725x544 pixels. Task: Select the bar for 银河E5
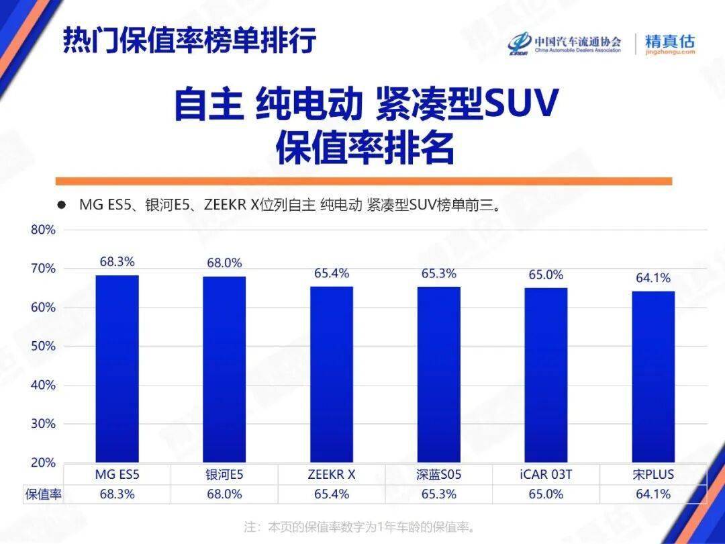(224, 369)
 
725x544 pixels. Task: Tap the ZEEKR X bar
(332, 374)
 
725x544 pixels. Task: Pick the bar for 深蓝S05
(439, 374)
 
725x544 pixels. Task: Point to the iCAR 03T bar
(546, 375)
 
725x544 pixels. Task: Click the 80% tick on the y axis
(43, 230)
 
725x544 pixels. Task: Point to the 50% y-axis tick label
(43, 347)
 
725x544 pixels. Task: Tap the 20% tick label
(43, 463)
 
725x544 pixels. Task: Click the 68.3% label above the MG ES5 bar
(117, 262)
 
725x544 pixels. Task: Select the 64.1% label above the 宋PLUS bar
(653, 278)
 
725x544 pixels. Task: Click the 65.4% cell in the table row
(332, 494)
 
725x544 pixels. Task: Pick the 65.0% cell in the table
(546, 494)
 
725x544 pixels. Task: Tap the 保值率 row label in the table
(43, 494)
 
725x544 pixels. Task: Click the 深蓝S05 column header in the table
(439, 474)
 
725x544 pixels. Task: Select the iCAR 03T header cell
(546, 474)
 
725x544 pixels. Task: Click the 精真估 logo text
(669, 40)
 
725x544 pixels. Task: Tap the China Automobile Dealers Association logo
(565, 44)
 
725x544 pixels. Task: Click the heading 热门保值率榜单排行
(189, 40)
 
